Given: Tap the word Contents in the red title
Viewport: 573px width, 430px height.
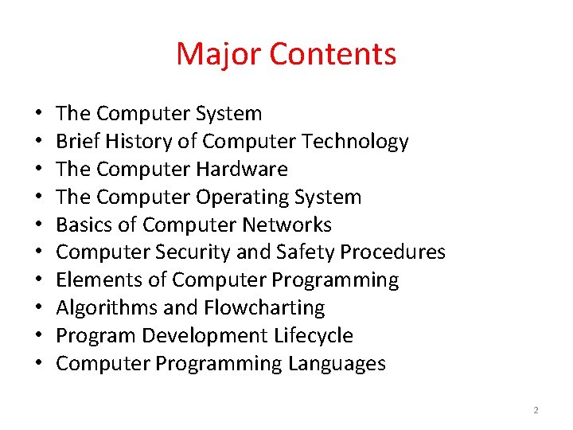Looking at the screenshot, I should pyautogui.click(x=333, y=54).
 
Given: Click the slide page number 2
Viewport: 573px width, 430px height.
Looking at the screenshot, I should pyautogui.click(x=536, y=410).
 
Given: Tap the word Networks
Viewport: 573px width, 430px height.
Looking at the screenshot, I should pyautogui.click(x=290, y=225).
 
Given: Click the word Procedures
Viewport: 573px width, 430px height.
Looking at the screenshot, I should pyautogui.click(x=393, y=253).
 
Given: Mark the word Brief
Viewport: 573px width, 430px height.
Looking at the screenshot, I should pyautogui.click(x=76, y=142).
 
